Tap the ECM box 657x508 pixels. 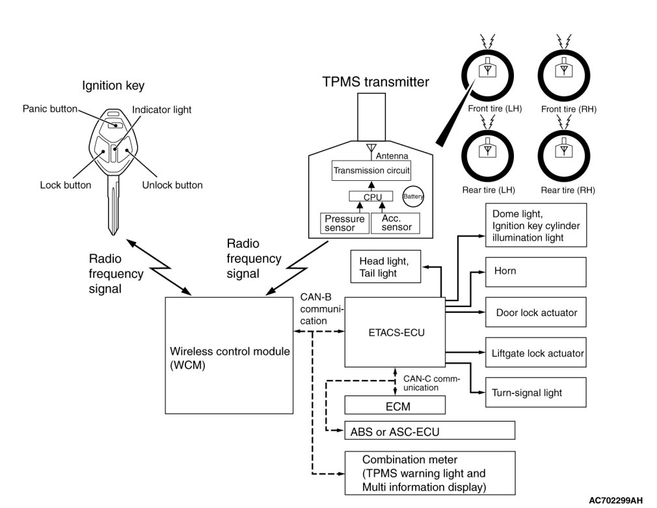[394, 406]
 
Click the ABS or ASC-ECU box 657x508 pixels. [429, 431]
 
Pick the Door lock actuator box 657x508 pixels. [535, 313]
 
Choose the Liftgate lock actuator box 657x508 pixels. [535, 354]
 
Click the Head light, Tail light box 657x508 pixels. [386, 267]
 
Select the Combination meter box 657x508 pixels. [429, 472]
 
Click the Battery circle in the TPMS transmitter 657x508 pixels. [413, 196]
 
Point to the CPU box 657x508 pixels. [373, 196]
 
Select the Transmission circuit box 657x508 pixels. [371, 172]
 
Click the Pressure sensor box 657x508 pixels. [344, 223]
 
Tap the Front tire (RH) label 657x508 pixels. [569, 109]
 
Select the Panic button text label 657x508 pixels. [49, 108]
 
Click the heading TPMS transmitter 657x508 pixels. [375, 83]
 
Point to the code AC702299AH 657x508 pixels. [615, 500]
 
